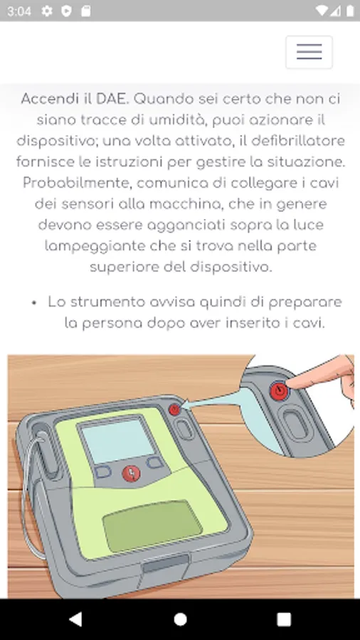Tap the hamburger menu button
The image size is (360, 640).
coord(309,52)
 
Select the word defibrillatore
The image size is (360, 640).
coord(298,141)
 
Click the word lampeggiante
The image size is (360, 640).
coord(95,247)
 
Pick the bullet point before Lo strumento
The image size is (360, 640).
coord(34,303)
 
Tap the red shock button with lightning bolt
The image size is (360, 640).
coord(132,474)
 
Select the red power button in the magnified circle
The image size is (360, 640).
coord(279,391)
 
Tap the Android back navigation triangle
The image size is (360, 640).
coord(75,619)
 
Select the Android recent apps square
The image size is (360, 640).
coord(284,619)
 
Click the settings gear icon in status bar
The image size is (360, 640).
coord(47,11)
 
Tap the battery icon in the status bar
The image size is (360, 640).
coord(350,11)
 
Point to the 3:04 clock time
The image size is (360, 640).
coord(19,11)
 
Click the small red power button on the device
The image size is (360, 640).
coord(174,410)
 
